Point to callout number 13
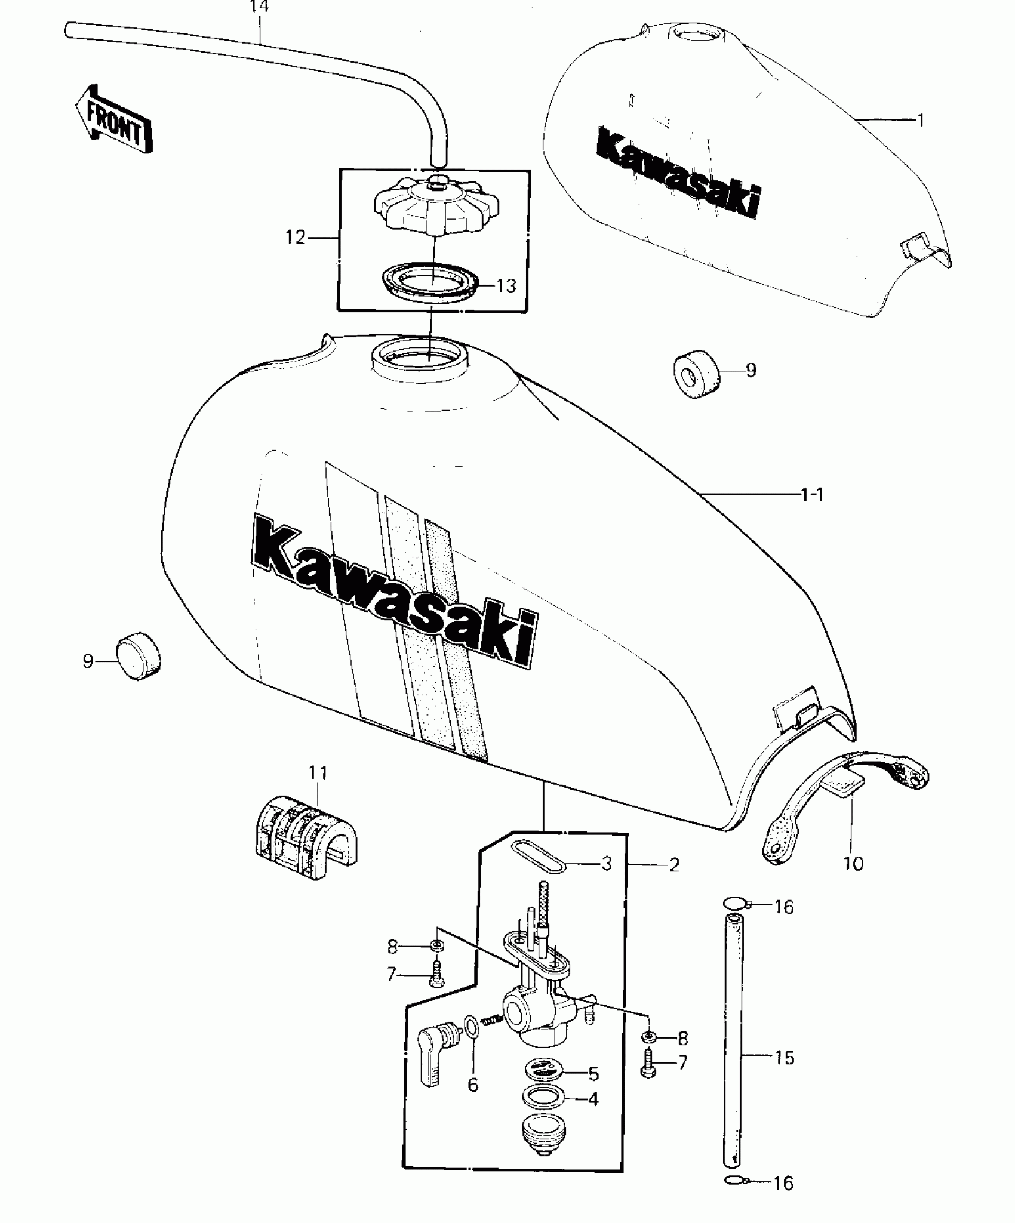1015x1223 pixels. coord(506,286)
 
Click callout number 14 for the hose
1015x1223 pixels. coord(259,7)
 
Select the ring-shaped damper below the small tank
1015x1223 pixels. coord(696,374)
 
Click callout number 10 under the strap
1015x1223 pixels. coord(854,863)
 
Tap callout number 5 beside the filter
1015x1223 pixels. coord(593,1074)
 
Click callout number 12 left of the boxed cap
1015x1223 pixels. coord(296,238)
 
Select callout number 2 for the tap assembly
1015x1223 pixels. coord(674,865)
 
